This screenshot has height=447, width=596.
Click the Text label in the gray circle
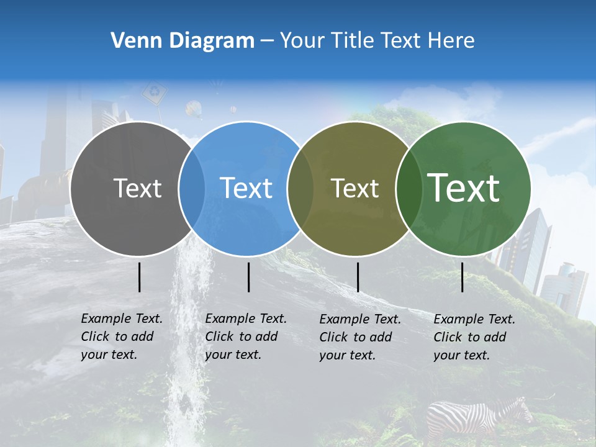click(x=137, y=188)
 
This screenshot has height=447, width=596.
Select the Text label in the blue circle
click(x=246, y=188)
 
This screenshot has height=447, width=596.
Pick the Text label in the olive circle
click(x=354, y=188)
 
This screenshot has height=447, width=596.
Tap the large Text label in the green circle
click(x=464, y=187)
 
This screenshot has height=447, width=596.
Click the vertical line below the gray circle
click(x=139, y=277)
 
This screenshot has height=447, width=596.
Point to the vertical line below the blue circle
click(x=248, y=277)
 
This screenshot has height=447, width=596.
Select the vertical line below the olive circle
click(x=358, y=277)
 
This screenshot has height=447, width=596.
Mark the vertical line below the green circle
click(x=462, y=277)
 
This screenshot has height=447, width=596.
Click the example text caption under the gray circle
click(x=121, y=336)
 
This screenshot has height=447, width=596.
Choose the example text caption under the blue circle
click(x=245, y=336)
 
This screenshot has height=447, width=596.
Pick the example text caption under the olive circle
click(x=359, y=337)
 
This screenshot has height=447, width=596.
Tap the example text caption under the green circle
click(x=474, y=337)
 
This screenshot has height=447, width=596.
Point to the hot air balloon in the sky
click(x=194, y=110)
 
